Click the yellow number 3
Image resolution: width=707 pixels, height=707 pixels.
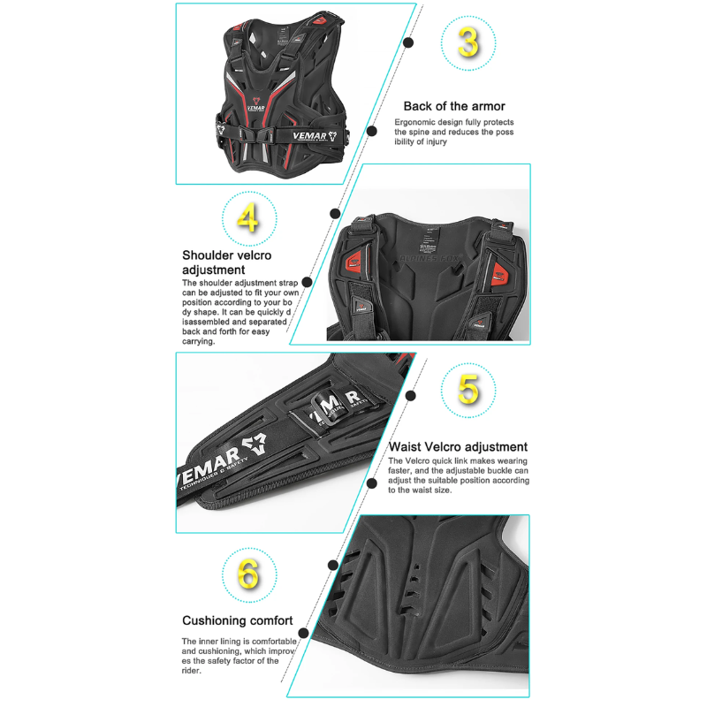point(468,42)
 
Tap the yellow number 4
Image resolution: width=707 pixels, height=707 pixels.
point(248,217)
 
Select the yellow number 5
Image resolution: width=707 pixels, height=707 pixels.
point(468,390)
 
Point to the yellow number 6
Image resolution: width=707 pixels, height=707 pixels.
point(248,574)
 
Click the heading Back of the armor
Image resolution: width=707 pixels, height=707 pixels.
point(454,106)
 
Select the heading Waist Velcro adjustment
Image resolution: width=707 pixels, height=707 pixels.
point(458,447)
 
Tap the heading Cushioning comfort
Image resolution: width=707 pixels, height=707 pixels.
point(238,620)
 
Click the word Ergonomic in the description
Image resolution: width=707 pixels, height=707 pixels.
point(414,122)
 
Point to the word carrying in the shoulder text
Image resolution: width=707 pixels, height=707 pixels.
point(197,341)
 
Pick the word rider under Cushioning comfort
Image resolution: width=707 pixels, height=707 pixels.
point(191,671)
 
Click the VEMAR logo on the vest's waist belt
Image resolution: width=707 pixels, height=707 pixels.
point(315,136)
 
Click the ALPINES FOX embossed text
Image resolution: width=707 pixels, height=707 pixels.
point(430,258)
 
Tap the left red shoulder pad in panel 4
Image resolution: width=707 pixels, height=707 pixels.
point(354,262)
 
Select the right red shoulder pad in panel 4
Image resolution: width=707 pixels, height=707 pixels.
point(498,272)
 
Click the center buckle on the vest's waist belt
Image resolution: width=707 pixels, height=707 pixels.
point(257,134)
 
